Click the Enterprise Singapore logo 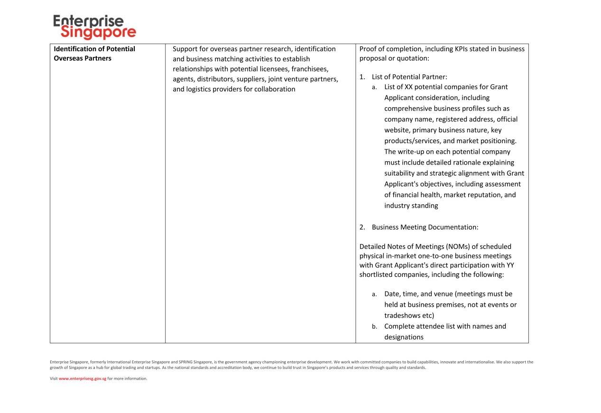(x=94, y=27)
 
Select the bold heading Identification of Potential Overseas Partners (x=94, y=54)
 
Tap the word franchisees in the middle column (x=310, y=69)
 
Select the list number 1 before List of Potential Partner (x=362, y=77)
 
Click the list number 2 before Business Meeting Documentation (x=362, y=227)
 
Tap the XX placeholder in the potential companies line (x=408, y=87)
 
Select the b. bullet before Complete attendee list (x=374, y=327)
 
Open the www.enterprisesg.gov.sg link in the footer (x=82, y=378)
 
